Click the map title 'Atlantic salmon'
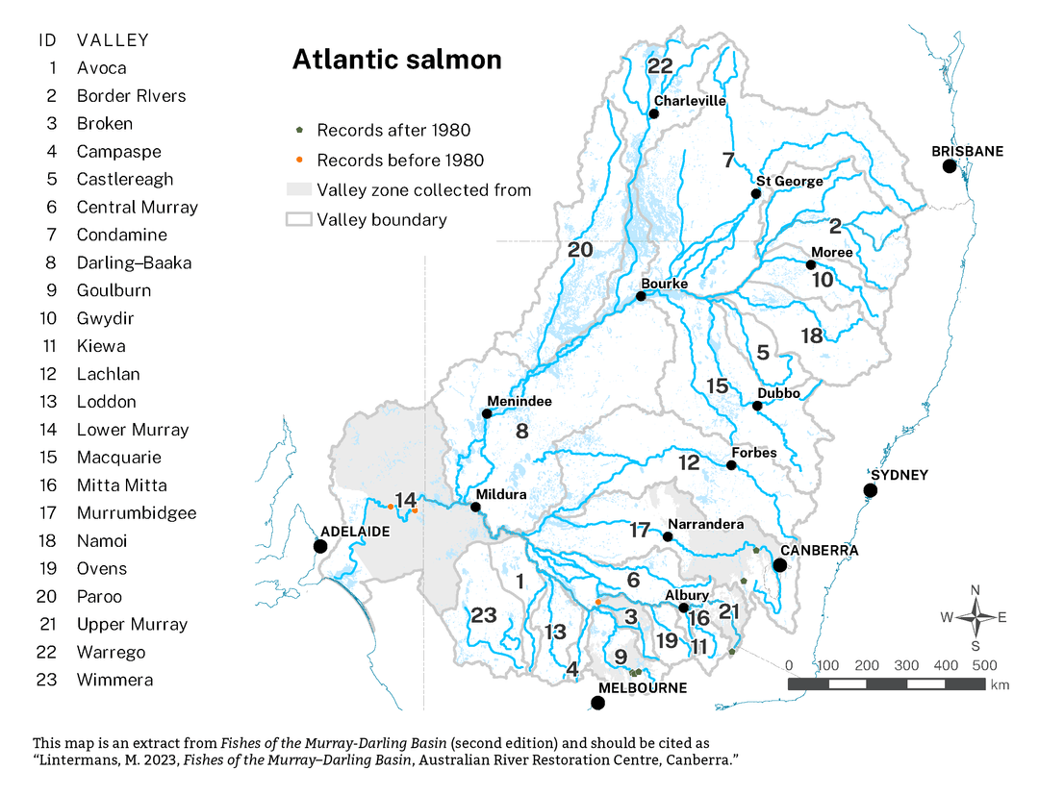coord(396,60)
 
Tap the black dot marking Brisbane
coord(950,166)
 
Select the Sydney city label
coord(899,475)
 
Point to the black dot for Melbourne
coord(597,703)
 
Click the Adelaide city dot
coord(320,546)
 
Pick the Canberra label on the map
coord(819,550)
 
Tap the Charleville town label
coord(690,100)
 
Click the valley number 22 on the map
coord(660,66)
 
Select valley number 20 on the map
coord(580,249)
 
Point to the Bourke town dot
coord(641,296)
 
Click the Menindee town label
coord(519,401)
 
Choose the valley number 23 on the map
coord(483,615)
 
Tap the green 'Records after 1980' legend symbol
coord(299,130)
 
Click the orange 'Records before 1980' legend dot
coord(299,160)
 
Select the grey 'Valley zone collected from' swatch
coord(299,189)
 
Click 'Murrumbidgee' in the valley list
coord(137,512)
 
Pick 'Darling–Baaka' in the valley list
coord(134,262)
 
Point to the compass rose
coord(975,617)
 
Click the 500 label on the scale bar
coord(983,665)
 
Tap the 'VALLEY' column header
coord(114,40)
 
